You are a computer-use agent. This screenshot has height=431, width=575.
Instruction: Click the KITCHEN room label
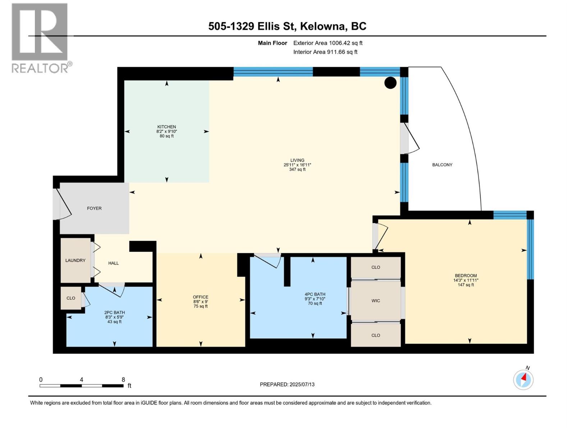pyautogui.click(x=166, y=127)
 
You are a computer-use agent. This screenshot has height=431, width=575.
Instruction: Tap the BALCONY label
pyautogui.click(x=442, y=165)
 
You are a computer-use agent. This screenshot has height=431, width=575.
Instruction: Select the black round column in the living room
pyautogui.click(x=390, y=83)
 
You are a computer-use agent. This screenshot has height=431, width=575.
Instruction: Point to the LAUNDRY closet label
pyautogui.click(x=75, y=260)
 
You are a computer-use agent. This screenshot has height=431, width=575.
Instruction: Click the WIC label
pyautogui.click(x=376, y=301)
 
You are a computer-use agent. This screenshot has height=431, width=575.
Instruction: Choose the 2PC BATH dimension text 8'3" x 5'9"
pyautogui.click(x=115, y=317)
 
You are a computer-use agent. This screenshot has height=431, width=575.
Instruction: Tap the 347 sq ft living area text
pyautogui.click(x=297, y=170)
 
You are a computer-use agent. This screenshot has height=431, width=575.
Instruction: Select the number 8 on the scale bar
pyautogui.click(x=123, y=380)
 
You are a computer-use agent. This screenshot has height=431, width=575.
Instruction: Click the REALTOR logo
pyautogui.click(x=40, y=38)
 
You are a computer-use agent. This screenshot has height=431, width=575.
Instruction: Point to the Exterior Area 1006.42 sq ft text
pyautogui.click(x=328, y=43)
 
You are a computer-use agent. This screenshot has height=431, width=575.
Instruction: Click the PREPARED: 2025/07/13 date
pyautogui.click(x=287, y=384)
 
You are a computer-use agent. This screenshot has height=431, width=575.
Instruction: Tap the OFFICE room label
pyautogui.click(x=201, y=297)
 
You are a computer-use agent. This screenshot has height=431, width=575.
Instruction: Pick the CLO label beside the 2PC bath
pyautogui.click(x=71, y=298)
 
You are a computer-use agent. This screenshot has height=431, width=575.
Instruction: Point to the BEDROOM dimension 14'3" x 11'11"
pyautogui.click(x=466, y=280)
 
